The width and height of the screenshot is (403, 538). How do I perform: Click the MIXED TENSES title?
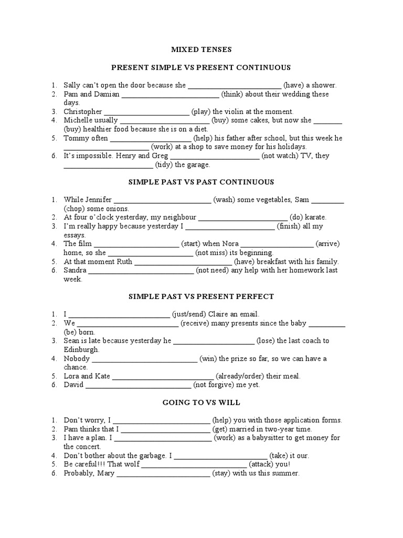coord(201,50)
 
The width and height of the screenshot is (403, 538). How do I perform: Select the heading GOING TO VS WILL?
coord(201,402)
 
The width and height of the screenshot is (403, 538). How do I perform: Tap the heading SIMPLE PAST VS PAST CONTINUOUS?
coord(201,182)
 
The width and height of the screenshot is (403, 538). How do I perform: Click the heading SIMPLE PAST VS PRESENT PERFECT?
coord(201,297)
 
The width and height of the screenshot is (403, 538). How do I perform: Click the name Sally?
coord(73,85)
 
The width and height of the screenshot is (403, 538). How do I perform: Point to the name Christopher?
coord(83,112)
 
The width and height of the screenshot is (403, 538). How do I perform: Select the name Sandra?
coord(75,271)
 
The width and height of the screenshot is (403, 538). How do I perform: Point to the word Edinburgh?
coord(81,349)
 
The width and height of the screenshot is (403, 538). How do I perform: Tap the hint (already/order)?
coord(243,376)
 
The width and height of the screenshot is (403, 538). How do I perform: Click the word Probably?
coord(79,473)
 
